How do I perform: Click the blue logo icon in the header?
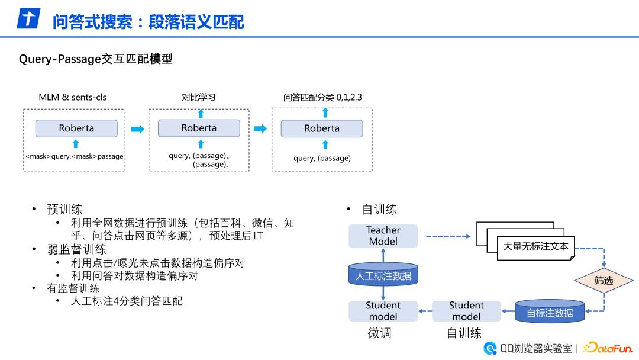pyautogui.click(x=27, y=19)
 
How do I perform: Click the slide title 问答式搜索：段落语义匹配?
pyautogui.click(x=148, y=22)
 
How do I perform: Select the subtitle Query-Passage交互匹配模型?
pyautogui.click(x=96, y=59)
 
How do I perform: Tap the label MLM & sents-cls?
pyautogui.click(x=73, y=97)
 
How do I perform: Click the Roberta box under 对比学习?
pyautogui.click(x=199, y=128)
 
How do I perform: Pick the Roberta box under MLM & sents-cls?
pyautogui.click(x=76, y=128)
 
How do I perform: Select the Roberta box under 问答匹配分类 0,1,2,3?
pyautogui.click(x=322, y=128)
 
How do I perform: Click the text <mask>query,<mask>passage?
pyautogui.click(x=75, y=156)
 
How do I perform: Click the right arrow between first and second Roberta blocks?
pyautogui.click(x=137, y=129)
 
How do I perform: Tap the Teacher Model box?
pyautogui.click(x=383, y=236)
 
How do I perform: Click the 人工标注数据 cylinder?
pyautogui.click(x=383, y=276)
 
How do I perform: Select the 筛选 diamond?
pyautogui.click(x=603, y=281)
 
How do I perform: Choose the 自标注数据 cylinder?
pyautogui.click(x=550, y=312)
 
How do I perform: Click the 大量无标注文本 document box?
pyautogui.click(x=535, y=246)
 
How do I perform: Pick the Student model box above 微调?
pyautogui.click(x=383, y=311)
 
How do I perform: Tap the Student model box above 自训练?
pyautogui.click(x=466, y=311)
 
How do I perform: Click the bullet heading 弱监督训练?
pyautogui.click(x=77, y=249)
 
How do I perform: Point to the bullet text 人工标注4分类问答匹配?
pyautogui.click(x=127, y=301)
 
